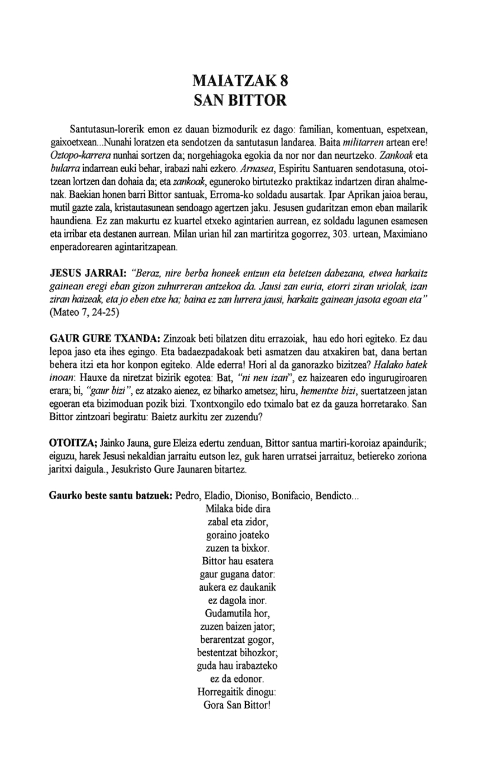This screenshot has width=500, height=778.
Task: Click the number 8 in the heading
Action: (284, 81)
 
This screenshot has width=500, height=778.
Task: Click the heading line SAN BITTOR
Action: (240, 101)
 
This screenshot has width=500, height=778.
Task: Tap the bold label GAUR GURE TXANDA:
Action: (105, 339)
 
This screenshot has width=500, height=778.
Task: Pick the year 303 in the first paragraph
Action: (340, 235)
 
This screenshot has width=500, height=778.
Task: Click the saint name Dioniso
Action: (251, 496)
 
